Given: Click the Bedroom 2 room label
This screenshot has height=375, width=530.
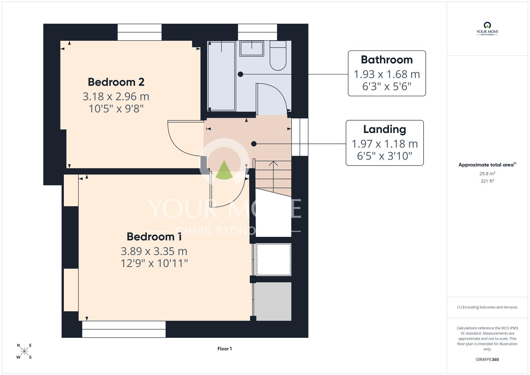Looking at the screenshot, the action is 116,82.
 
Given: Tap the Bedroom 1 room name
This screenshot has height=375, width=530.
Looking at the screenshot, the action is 154,237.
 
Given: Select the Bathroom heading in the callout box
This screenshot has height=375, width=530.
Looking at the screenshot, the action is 387,60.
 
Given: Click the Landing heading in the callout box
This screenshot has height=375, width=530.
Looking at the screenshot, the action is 385,130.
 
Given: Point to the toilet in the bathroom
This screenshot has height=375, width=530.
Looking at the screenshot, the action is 278,55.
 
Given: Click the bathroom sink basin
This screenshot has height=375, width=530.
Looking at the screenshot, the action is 252,49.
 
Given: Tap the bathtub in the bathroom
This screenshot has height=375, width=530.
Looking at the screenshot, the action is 222,76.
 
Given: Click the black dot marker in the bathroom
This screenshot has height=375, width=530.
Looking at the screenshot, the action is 240,74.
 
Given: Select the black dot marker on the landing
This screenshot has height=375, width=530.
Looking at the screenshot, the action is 254,144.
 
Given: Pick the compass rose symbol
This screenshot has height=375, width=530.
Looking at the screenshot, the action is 24,351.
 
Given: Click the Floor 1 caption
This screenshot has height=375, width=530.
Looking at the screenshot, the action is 225,349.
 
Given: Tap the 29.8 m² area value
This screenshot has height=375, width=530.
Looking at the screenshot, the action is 487,173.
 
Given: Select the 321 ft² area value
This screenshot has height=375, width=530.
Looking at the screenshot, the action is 487,181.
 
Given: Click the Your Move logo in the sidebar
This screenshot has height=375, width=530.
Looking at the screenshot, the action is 487,29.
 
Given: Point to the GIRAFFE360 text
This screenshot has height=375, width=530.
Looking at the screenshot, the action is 487,360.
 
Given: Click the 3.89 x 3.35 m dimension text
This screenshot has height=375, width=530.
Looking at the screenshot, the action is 154,251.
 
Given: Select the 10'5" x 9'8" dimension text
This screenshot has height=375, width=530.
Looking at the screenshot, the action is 116,109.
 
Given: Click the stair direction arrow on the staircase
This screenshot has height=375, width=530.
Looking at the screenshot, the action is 273,177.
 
